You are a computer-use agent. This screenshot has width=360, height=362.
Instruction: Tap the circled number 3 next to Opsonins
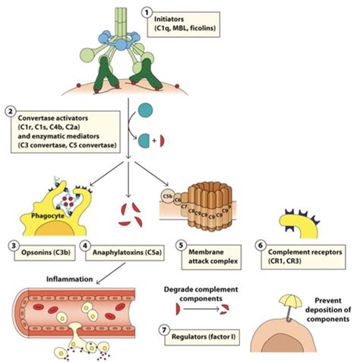point(9,246)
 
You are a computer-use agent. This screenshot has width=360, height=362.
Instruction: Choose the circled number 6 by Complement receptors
point(263,246)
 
